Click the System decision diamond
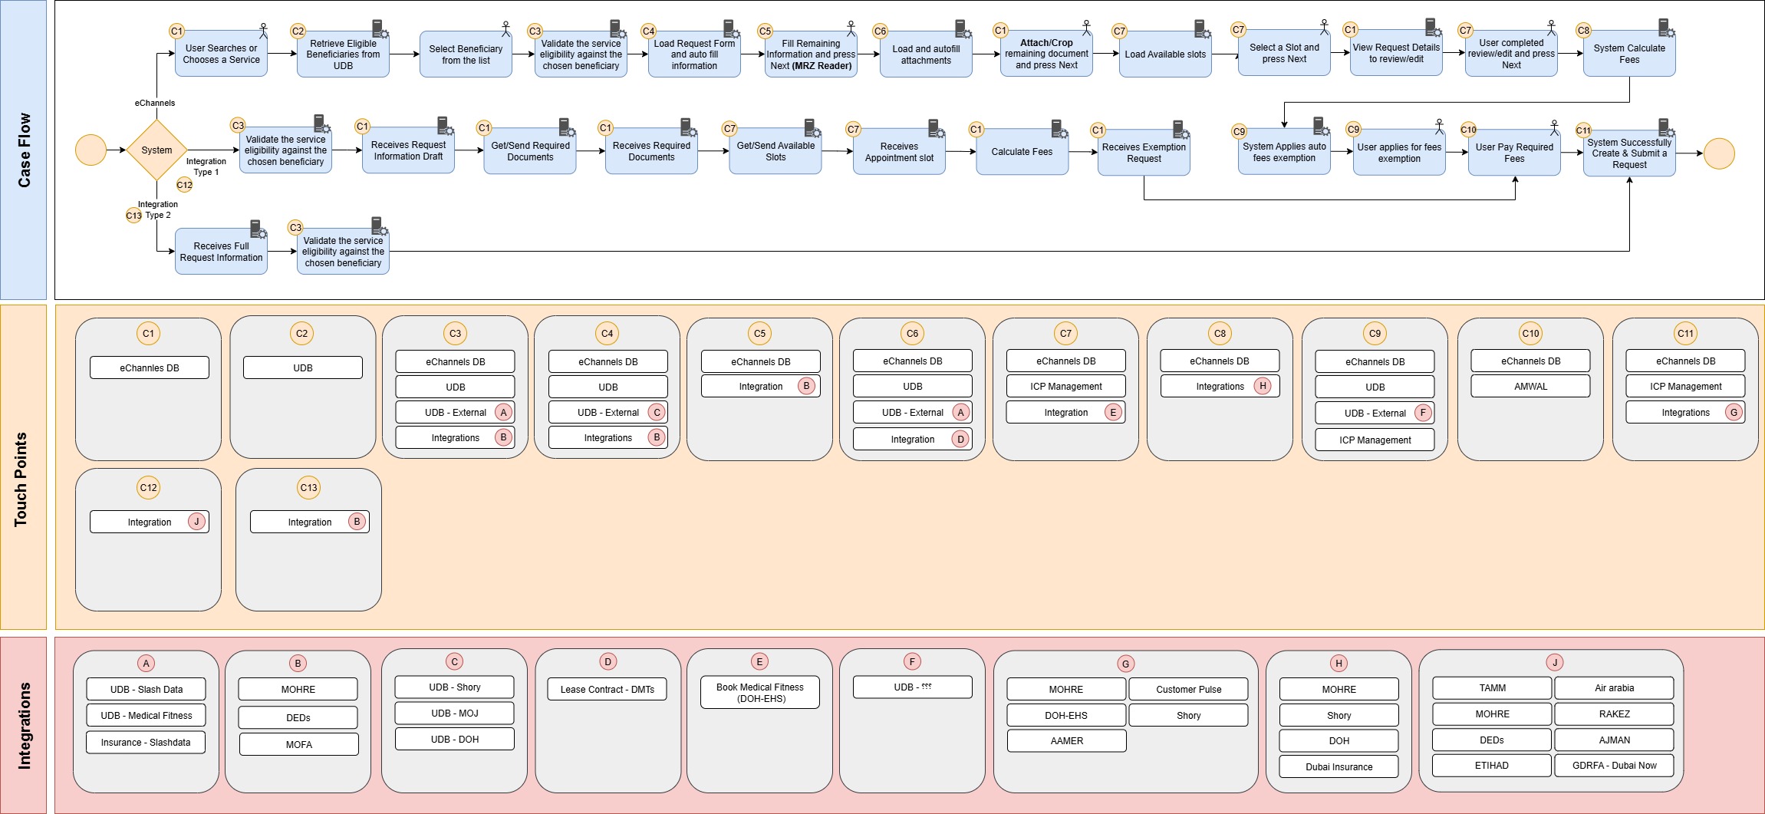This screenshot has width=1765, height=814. [x=156, y=150]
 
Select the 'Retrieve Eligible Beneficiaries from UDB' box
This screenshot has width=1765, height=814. [x=343, y=54]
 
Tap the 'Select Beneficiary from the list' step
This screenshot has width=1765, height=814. [x=466, y=54]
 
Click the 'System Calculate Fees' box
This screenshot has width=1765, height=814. [x=1628, y=54]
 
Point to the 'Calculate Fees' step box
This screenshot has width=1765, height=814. [x=1022, y=152]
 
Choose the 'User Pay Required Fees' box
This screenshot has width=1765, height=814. [x=1513, y=153]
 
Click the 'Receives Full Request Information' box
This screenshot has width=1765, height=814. [x=221, y=252]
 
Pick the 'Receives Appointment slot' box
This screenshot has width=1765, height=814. [x=899, y=152]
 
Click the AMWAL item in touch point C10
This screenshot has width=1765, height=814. [x=1530, y=387]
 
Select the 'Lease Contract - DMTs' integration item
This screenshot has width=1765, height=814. [x=607, y=690]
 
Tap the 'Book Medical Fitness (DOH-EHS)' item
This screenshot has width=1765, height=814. [x=760, y=693]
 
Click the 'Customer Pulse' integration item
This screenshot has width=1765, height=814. [x=1188, y=690]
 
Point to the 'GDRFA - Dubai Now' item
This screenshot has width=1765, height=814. [x=1614, y=766]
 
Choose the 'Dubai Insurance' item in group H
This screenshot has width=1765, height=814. [x=1339, y=766]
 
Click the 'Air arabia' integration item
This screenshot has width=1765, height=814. [x=1614, y=688]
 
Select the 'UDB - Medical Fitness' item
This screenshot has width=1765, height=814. [x=146, y=716]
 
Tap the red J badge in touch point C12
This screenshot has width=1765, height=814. [x=196, y=522]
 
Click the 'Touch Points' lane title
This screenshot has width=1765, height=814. [x=21, y=480]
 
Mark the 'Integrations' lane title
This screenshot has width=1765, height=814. [x=24, y=725]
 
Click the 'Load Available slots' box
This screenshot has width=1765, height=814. [x=1165, y=54]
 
